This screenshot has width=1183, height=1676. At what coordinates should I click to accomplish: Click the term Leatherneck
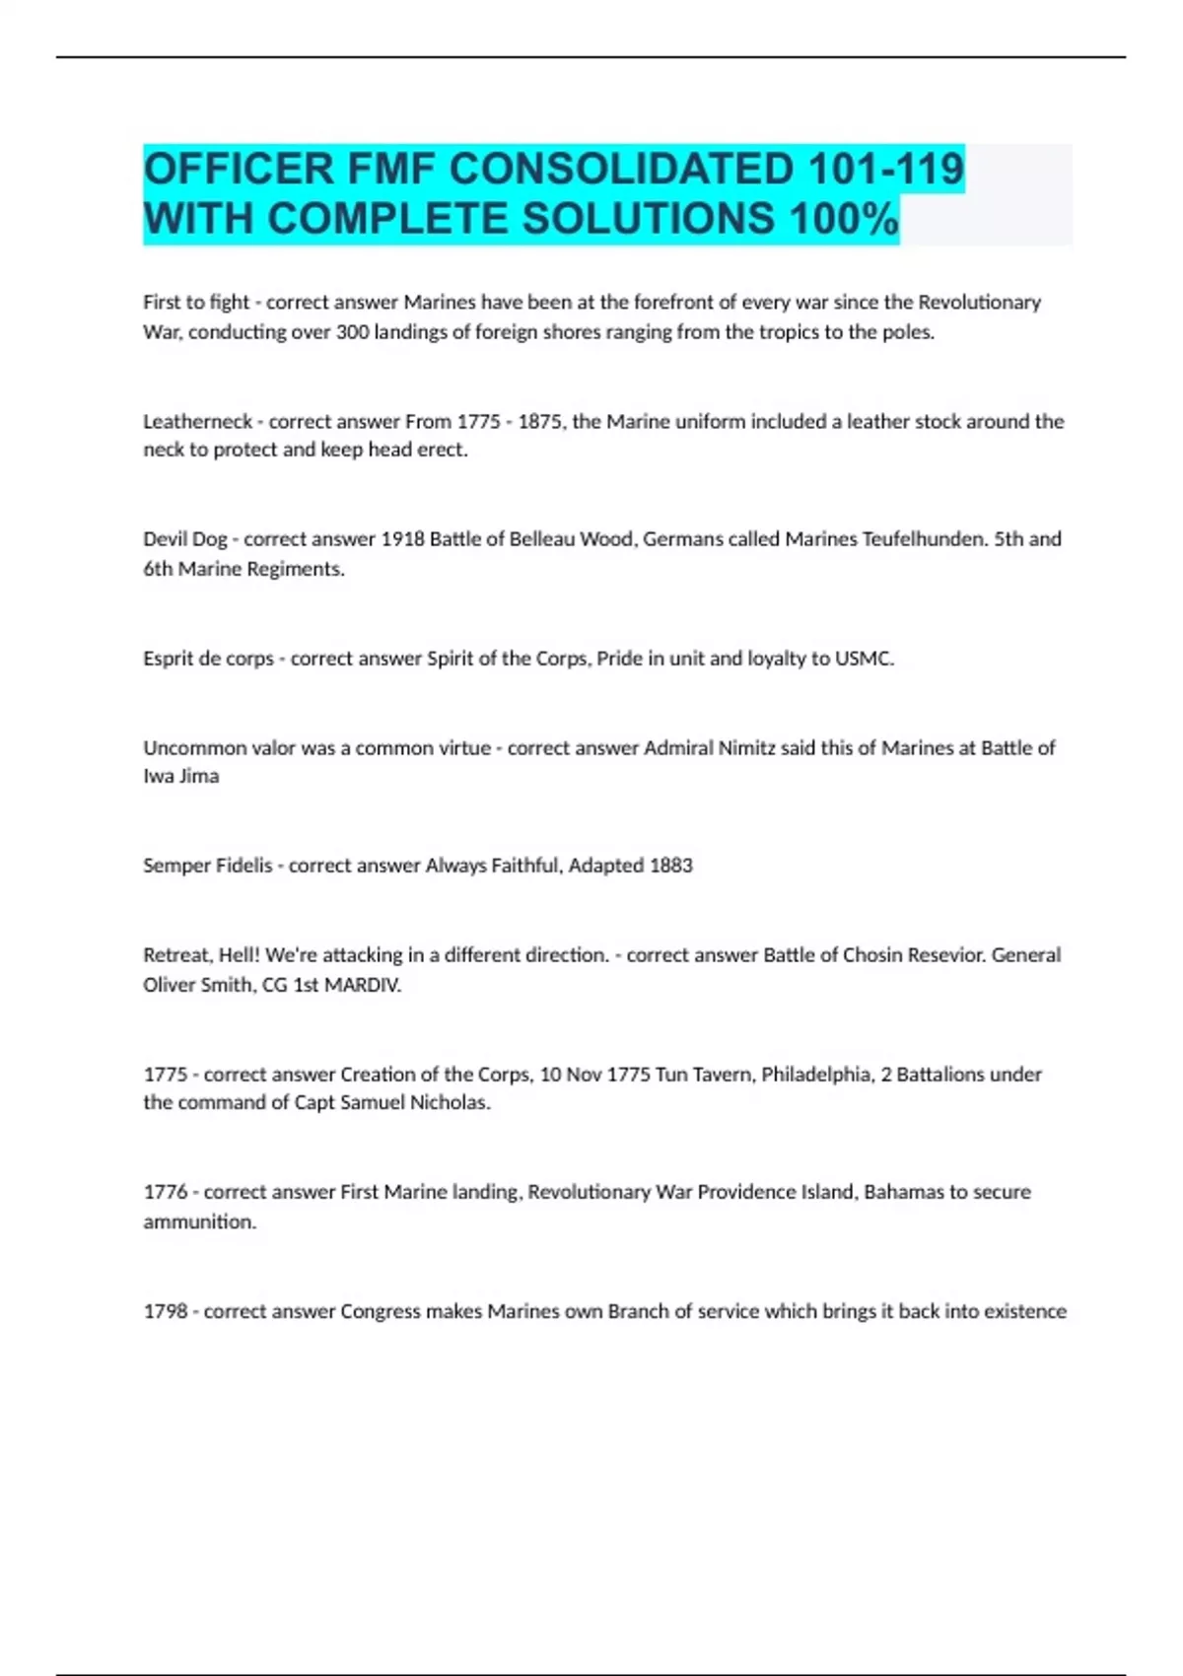click(x=198, y=422)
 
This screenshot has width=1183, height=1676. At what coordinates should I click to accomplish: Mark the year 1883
click(x=670, y=866)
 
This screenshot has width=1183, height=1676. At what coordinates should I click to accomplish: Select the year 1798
click(x=166, y=1312)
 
